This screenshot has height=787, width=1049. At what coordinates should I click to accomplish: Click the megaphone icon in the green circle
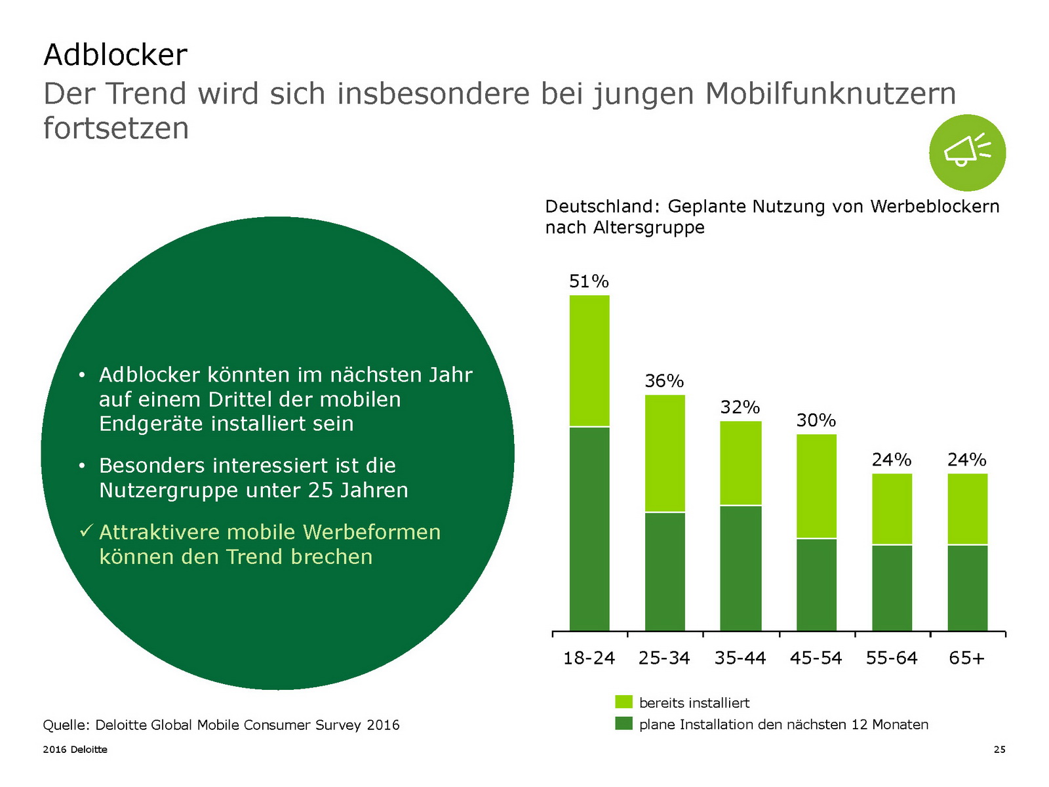tap(967, 152)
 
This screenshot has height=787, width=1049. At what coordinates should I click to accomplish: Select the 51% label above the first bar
tap(589, 281)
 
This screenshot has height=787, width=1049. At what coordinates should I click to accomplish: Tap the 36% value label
tap(664, 381)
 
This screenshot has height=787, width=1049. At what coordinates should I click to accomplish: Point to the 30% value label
tap(816, 420)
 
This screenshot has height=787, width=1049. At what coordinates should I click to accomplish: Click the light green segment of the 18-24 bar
tap(589, 361)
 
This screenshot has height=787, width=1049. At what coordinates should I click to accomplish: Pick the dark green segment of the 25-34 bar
tap(665, 571)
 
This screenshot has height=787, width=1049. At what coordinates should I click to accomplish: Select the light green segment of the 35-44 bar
tap(741, 463)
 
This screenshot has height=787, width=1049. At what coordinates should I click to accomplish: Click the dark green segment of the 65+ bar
tap(967, 588)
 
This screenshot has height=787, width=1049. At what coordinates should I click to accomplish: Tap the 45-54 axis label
tap(816, 658)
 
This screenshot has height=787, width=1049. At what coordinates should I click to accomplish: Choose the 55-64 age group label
tap(892, 658)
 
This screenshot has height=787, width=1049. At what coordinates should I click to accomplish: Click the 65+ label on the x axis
tap(967, 658)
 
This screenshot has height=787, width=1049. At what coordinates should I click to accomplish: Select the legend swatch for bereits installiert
tap(623, 702)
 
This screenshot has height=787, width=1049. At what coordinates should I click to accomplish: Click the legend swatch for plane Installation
tap(623, 724)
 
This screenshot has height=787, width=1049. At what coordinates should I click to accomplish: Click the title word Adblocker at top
tap(115, 55)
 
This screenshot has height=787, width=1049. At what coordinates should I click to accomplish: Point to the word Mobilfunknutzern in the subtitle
tap(830, 94)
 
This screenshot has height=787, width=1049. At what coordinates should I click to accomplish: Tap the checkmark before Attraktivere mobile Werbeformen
tap(86, 531)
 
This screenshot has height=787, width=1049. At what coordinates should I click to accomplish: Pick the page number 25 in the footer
tap(999, 750)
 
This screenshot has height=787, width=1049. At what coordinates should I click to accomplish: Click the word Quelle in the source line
tap(65, 725)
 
